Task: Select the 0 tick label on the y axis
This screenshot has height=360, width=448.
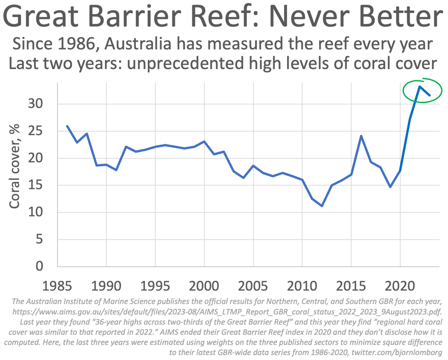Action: click(x=40, y=267)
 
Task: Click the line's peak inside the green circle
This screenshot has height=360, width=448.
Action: click(x=420, y=87)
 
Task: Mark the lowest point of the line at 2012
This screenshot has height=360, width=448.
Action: click(x=322, y=206)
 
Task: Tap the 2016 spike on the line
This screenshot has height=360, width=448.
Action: click(x=361, y=136)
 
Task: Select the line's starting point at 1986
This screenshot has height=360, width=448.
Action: click(x=67, y=126)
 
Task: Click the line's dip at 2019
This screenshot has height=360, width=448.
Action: click(x=391, y=187)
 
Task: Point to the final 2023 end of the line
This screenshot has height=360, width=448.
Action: click(x=430, y=96)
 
